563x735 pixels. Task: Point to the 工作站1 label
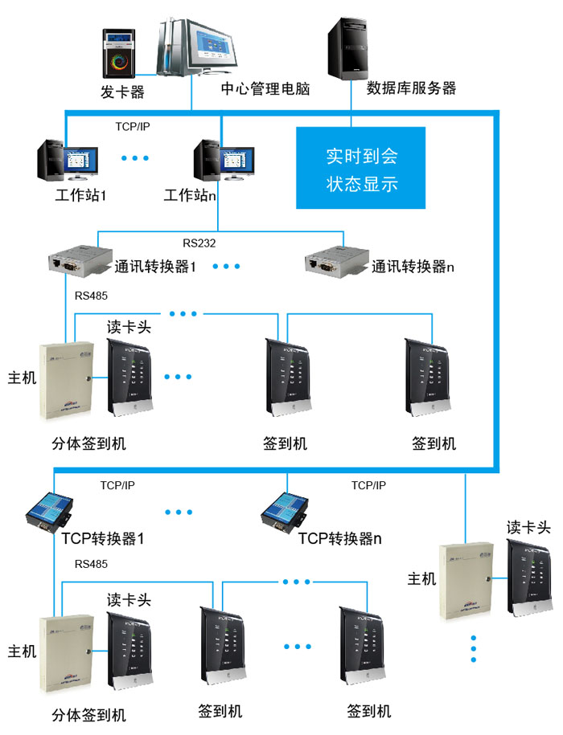click(80, 195)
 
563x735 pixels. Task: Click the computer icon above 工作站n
click(224, 161)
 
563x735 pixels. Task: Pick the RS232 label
click(199, 242)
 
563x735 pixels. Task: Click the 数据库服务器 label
click(411, 88)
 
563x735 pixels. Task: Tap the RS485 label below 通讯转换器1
click(91, 296)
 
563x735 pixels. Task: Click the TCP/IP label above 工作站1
click(133, 127)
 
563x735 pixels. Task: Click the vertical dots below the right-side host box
click(474, 648)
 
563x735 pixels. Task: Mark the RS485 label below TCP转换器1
click(91, 564)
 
